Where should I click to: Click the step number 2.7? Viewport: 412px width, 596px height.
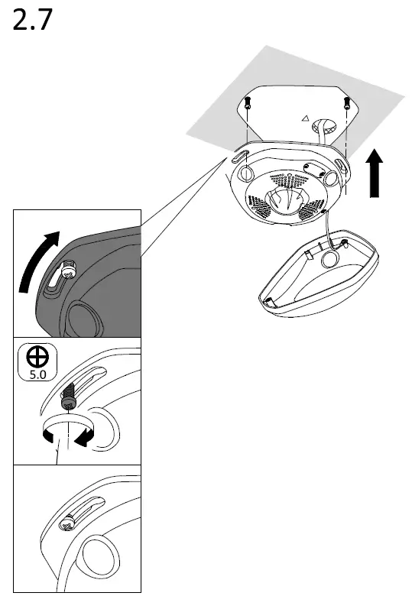coord(32,21)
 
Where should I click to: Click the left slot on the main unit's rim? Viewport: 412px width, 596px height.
coord(239,156)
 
